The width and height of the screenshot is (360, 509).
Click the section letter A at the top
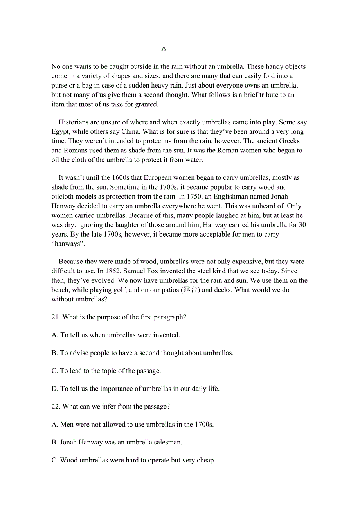pos(164,48)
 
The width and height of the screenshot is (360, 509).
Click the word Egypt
pos(60,132)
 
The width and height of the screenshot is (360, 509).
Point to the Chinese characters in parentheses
pos(191,290)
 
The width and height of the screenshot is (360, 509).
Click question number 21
pos(56,317)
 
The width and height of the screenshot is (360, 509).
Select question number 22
pos(56,407)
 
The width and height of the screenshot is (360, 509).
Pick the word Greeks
pos(290,141)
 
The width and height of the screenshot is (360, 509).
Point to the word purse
pos(60,86)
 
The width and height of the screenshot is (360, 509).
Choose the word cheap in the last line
pos(205,461)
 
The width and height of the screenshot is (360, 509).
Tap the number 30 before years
pos(302,225)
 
